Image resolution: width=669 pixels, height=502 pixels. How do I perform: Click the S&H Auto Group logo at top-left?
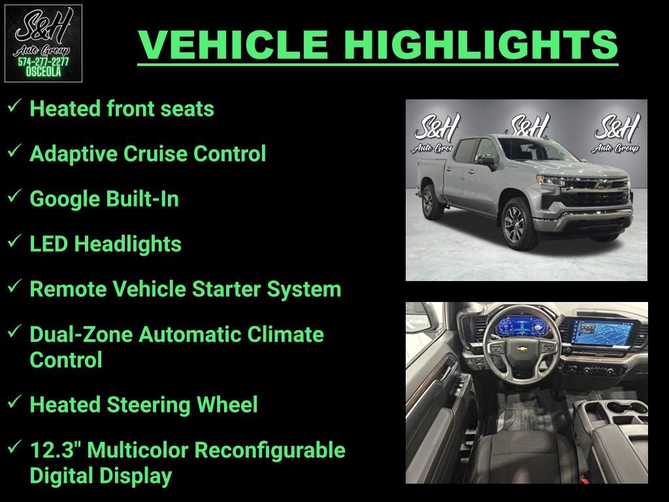43,43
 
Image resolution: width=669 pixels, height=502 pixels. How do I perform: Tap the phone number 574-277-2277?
43,61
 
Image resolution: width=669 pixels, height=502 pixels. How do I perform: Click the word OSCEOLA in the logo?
43,72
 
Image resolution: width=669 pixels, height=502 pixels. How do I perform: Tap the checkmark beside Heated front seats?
15,106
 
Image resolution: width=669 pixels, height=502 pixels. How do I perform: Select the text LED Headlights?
106,244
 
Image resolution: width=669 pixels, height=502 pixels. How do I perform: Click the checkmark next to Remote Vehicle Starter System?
15,286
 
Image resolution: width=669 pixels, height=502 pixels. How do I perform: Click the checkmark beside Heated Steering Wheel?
15,403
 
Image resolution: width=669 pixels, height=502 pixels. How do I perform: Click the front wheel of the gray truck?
519,223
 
